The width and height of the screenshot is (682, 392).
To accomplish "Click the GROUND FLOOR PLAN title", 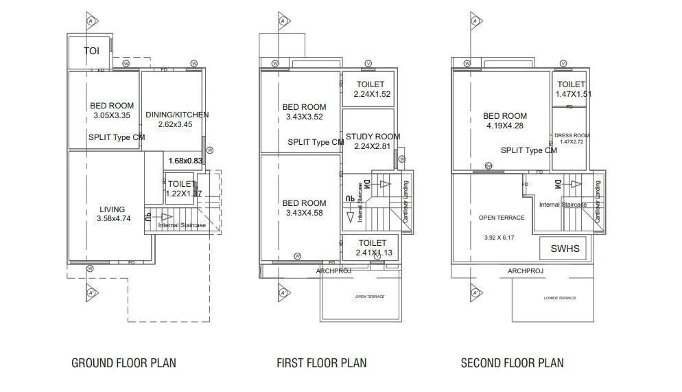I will pyautogui.click(x=124, y=363).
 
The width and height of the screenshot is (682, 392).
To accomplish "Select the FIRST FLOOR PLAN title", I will pyautogui.click(x=321, y=363).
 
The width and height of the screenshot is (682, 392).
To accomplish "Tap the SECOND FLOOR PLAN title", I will pyautogui.click(x=512, y=363).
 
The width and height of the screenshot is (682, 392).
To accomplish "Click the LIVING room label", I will pyautogui.click(x=112, y=209).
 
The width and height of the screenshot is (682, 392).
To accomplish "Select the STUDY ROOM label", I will pyautogui.click(x=373, y=137).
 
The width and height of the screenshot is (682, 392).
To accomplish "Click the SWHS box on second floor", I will pyautogui.click(x=565, y=249).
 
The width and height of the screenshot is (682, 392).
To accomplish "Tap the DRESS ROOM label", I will pyautogui.click(x=572, y=135).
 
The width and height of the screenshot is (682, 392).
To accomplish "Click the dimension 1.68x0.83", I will pyautogui.click(x=185, y=161).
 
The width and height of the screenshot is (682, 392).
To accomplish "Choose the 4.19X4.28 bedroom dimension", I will pyautogui.click(x=504, y=126).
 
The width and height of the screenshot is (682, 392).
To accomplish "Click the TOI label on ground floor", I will pyautogui.click(x=91, y=51).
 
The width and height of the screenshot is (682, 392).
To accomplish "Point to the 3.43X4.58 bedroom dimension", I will pyautogui.click(x=304, y=213).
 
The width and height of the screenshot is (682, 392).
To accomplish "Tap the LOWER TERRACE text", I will pyautogui.click(x=559, y=298).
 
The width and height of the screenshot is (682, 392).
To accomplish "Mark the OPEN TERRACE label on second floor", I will pyautogui.click(x=501, y=218).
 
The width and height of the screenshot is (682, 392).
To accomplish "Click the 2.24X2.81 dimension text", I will pyautogui.click(x=373, y=146).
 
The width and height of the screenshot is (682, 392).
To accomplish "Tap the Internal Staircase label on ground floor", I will pyautogui.click(x=182, y=225).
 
